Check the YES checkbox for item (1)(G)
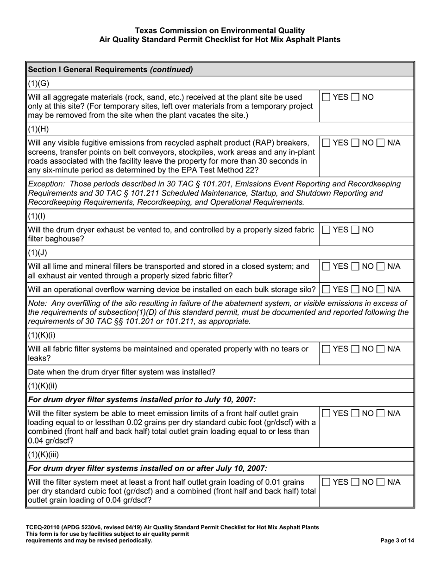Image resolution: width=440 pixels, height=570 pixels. [326, 97]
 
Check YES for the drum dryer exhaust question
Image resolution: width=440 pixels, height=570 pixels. [326, 230]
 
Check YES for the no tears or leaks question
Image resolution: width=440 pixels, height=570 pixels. [326, 349]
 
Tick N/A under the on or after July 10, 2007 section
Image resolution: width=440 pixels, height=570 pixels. [380, 482]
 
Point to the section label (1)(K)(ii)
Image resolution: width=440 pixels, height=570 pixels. [43, 386]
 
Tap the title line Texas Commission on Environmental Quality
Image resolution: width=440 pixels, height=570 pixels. [220, 31]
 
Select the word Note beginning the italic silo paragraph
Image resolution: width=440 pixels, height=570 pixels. [37, 303]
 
